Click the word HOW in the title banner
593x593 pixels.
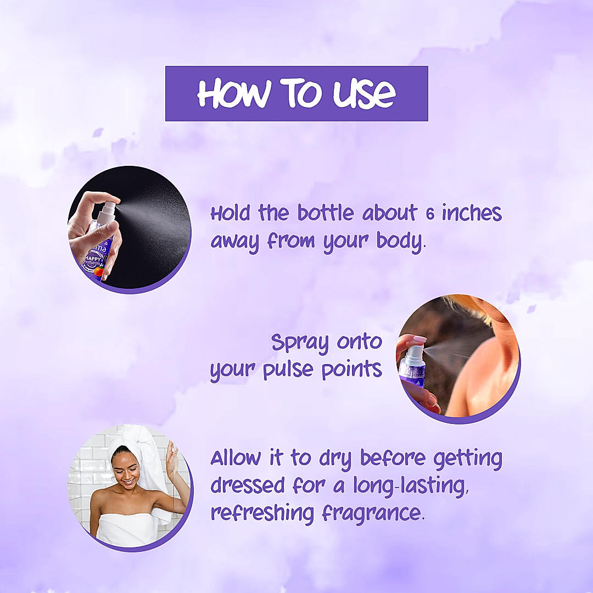click(234, 93)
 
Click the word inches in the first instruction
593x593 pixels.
click(472, 213)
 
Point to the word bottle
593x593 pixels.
click(326, 212)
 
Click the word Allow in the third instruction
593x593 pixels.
click(236, 457)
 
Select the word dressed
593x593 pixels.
click(247, 485)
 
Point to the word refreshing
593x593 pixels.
click(262, 513)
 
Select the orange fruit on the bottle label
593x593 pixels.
click(99, 271)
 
